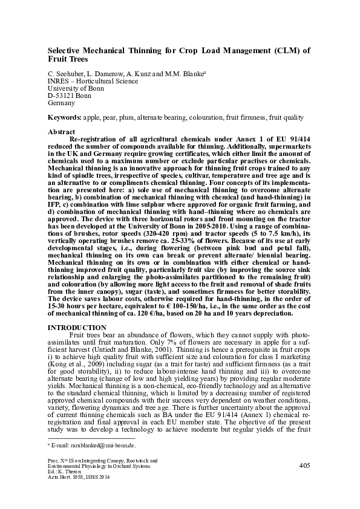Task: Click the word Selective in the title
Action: tap(66, 51)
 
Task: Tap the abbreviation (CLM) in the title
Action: tap(266, 51)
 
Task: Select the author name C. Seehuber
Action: tap(66, 73)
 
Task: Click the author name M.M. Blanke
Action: tap(187, 73)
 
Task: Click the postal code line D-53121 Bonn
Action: tap(70, 96)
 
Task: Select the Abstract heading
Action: tap(61, 132)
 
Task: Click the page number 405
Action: tap(305, 466)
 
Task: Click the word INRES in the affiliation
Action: tap(58, 80)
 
